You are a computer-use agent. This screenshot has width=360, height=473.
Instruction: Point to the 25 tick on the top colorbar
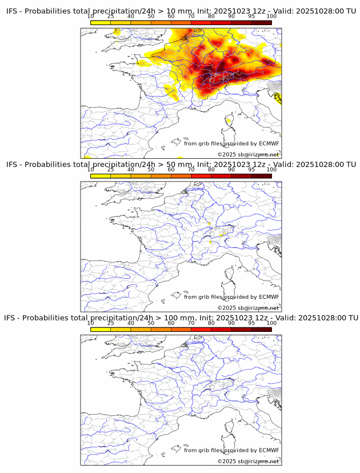point(110,17)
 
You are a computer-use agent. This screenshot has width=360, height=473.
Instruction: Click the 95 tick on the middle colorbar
point(251,170)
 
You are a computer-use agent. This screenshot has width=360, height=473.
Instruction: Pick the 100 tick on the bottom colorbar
point(271,323)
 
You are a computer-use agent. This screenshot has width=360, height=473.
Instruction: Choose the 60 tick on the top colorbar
point(171,17)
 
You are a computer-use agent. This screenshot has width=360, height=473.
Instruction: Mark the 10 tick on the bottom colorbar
point(90,323)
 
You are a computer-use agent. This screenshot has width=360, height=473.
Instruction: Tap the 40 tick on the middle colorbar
point(131,170)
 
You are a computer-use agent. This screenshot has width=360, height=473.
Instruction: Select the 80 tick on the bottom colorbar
point(211,323)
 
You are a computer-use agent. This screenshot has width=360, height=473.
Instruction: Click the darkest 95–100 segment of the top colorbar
point(261,22)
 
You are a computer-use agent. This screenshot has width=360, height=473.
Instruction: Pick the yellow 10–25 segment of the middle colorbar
point(101,175)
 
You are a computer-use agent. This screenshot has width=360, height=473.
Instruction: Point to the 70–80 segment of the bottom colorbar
point(201,329)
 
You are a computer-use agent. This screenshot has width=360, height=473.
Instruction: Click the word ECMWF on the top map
point(269,143)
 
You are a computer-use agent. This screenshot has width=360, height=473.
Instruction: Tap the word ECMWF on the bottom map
point(269,450)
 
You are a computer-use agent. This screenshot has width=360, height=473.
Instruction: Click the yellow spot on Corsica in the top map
point(228,121)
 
